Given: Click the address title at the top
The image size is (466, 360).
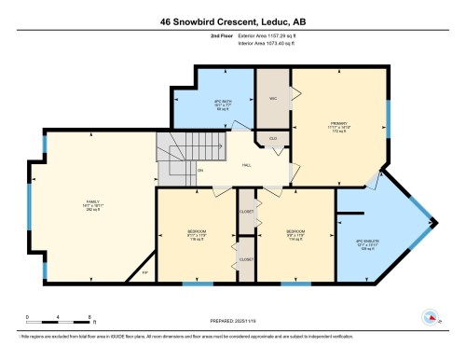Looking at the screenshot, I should pyautogui.click(x=232, y=21).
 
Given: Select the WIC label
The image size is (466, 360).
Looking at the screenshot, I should pyautogui.click(x=273, y=98).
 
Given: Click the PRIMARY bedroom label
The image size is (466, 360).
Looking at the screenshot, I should pyautogui.click(x=337, y=127).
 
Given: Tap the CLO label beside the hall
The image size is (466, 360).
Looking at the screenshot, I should pyautogui.click(x=273, y=139).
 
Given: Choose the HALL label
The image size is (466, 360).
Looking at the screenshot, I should pyautogui.click(x=247, y=165).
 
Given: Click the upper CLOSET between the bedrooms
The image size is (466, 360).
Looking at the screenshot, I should pyautogui.click(x=246, y=212).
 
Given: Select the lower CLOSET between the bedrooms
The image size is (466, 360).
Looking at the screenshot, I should pyautogui.click(x=246, y=259).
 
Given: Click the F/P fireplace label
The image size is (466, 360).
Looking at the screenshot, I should pyautogui.click(x=131, y=273).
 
